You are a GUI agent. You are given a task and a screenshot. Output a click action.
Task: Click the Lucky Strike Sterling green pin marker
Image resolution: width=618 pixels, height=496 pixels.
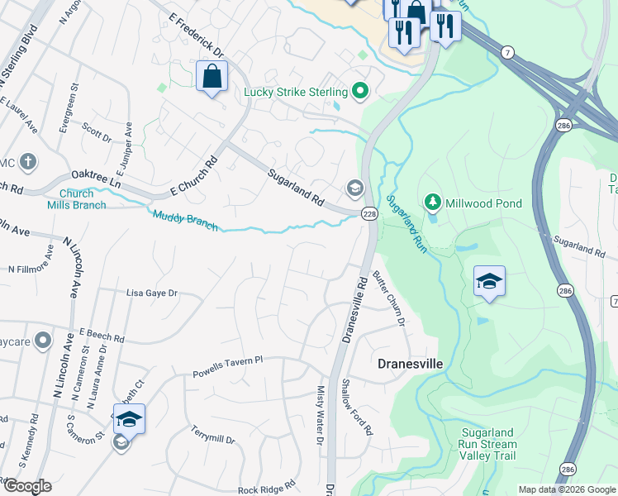point(359,91)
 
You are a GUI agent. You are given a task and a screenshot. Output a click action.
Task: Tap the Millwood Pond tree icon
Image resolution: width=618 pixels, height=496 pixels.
point(431,202)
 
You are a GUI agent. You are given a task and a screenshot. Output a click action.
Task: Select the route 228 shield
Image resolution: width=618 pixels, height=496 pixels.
point(368,213)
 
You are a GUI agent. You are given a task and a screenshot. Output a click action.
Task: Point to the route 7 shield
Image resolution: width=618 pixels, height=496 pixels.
point(505,51)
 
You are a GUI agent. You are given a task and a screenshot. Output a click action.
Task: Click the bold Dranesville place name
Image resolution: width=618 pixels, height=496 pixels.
point(411,364)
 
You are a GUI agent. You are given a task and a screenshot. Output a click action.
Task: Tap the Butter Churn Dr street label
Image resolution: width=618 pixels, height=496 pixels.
point(390,298)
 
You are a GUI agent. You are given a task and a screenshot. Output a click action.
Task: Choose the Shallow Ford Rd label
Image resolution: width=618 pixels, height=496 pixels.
point(357,408)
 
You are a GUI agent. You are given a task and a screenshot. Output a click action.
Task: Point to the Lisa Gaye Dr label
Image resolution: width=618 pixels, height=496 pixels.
point(151,293)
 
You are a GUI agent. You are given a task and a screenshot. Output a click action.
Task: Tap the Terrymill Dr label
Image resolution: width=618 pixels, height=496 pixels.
point(212,435)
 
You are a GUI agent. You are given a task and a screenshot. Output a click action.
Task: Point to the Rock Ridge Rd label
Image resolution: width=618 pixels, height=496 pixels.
point(266,489)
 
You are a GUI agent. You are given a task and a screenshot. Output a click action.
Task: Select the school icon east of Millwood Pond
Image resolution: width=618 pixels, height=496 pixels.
point(489,282)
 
